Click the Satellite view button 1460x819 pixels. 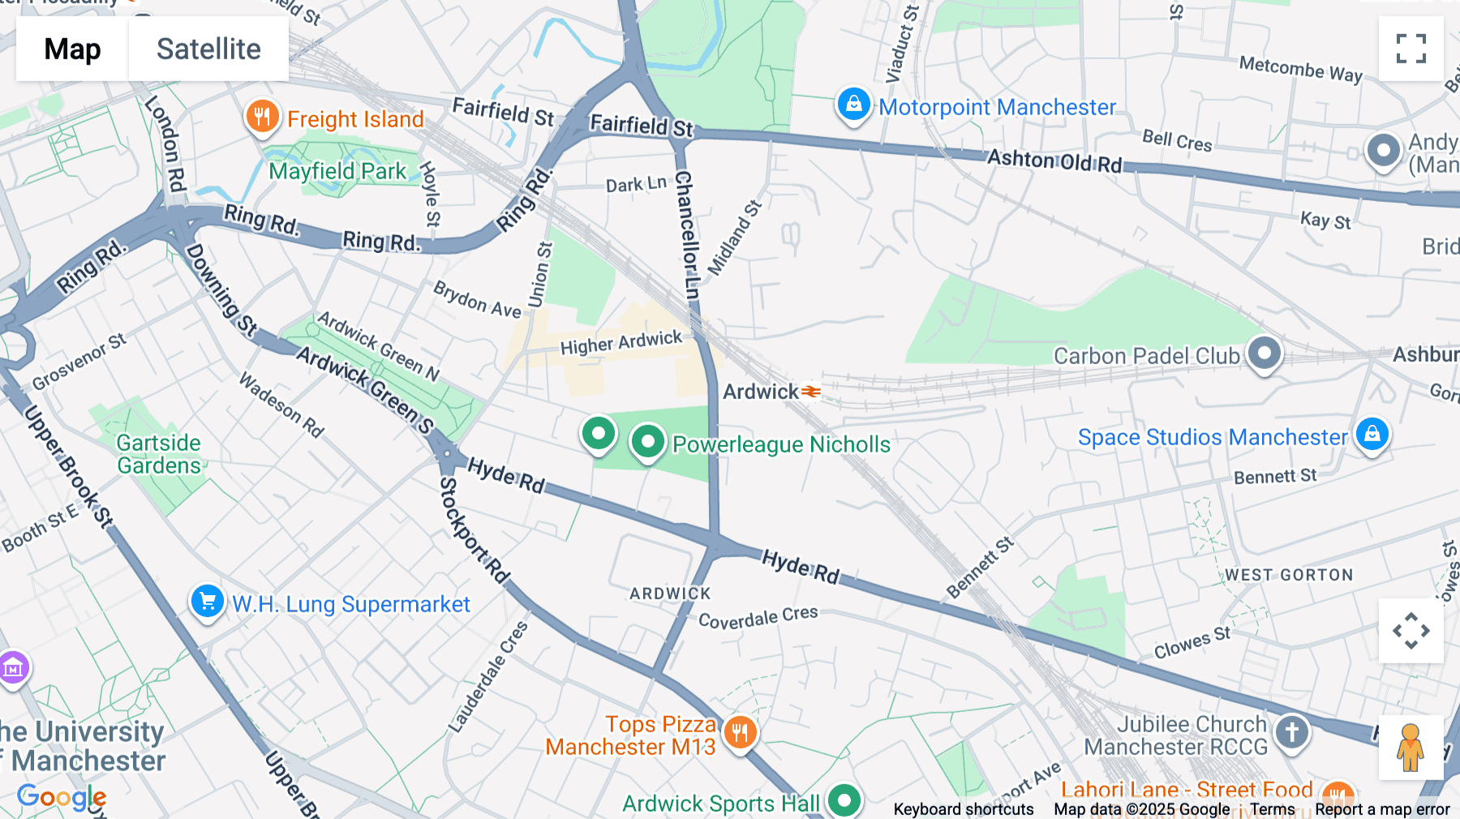click(x=208, y=49)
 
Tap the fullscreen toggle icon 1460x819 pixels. click(x=1411, y=49)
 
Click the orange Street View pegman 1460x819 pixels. click(x=1410, y=748)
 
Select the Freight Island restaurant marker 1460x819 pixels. click(x=262, y=117)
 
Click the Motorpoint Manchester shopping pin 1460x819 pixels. click(x=853, y=105)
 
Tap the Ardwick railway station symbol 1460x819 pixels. click(x=811, y=392)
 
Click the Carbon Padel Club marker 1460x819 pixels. click(x=1264, y=353)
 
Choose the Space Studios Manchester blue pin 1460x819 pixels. click(x=1372, y=434)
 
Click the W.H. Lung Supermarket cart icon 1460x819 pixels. click(x=208, y=602)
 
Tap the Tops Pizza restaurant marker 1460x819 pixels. click(x=740, y=733)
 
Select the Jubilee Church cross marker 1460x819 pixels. click(x=1291, y=732)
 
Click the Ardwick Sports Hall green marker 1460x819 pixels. click(x=844, y=801)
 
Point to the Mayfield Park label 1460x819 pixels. click(x=337, y=171)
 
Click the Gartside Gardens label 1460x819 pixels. click(x=159, y=454)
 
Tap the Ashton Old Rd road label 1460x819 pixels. click(x=1054, y=161)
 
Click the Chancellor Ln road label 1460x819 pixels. click(x=686, y=235)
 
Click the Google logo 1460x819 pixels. click(x=61, y=797)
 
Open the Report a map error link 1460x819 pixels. click(x=1382, y=809)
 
